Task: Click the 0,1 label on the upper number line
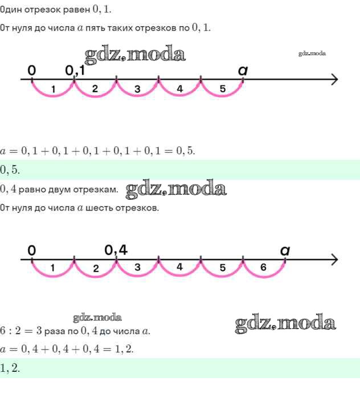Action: point(75,70)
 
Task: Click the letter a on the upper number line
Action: point(243,70)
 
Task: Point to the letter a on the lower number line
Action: point(285,249)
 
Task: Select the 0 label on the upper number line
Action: point(32,70)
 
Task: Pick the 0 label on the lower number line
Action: point(32,249)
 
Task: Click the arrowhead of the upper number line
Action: point(334,79)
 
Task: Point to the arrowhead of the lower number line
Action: point(334,260)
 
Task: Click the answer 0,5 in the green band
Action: point(10,169)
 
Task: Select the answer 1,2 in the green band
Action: point(10,368)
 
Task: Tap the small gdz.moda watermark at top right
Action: point(312,54)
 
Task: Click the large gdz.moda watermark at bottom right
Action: point(285,323)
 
